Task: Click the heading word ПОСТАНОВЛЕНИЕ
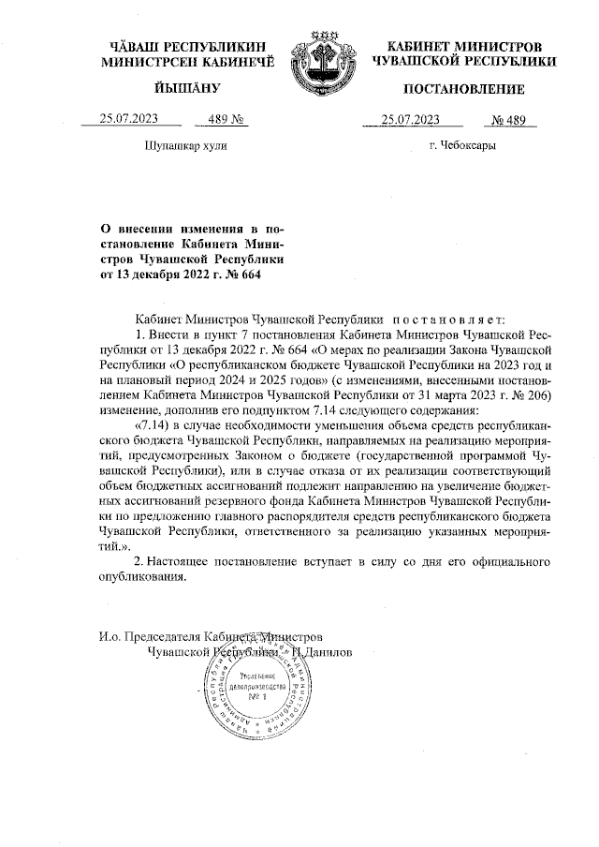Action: [463, 89]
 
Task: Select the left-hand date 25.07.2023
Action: [128, 119]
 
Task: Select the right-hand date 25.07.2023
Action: [410, 119]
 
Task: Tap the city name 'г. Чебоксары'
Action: [462, 146]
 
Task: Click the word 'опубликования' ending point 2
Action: [142, 577]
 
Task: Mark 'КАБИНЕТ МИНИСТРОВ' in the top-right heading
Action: [463, 46]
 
